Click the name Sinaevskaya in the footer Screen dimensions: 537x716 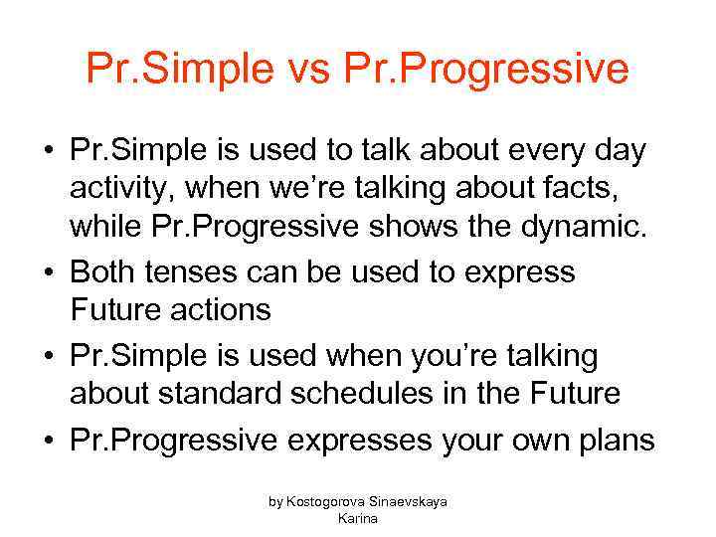coord(411,502)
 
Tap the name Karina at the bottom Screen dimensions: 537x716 coord(358,518)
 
